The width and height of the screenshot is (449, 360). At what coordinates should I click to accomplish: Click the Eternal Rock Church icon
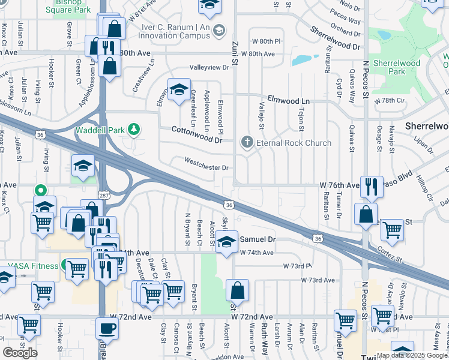(246, 143)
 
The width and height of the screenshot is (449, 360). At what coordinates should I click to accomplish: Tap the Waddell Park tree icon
(136, 130)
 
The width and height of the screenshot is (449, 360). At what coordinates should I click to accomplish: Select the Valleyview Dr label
(210, 68)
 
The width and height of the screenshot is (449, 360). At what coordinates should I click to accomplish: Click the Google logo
(20, 353)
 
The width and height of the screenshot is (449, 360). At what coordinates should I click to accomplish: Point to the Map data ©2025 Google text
(412, 355)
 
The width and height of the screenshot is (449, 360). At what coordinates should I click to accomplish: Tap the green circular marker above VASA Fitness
(40, 190)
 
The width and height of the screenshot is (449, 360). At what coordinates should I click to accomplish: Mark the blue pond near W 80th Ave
(305, 60)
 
